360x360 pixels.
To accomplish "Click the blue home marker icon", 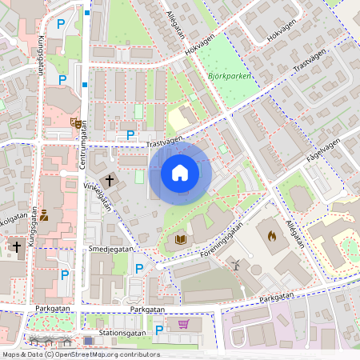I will click(x=180, y=173).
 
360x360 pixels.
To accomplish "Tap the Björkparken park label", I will click(x=230, y=76).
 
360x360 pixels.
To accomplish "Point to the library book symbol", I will click(x=180, y=239).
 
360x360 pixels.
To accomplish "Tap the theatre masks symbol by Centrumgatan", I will click(x=74, y=123).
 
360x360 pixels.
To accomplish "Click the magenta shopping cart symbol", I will click(x=184, y=324).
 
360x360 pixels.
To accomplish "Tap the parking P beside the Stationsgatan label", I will click(x=158, y=330).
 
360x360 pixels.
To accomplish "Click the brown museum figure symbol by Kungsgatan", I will click(x=44, y=215).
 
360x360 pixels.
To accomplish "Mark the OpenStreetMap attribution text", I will click(x=80, y=354).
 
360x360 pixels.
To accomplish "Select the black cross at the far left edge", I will click(x=16, y=247).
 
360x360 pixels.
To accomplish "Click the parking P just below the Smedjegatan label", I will click(x=138, y=268).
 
